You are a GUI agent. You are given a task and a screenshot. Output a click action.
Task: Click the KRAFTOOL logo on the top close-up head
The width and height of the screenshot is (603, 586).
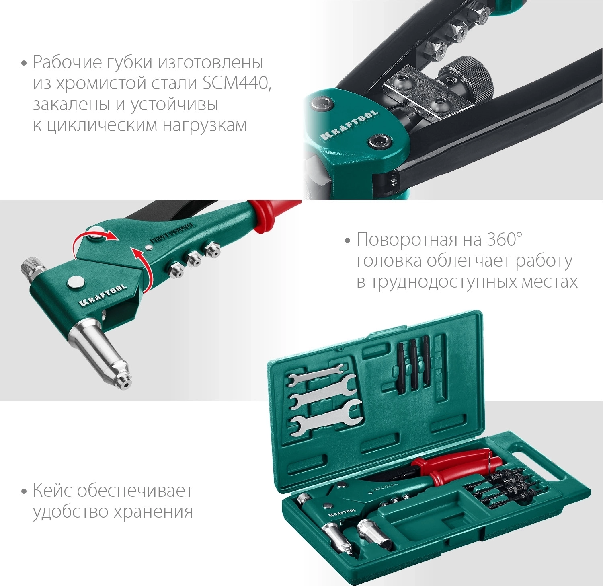[x=349, y=125]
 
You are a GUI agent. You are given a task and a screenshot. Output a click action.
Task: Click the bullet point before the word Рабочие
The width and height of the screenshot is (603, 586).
[x=24, y=64]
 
